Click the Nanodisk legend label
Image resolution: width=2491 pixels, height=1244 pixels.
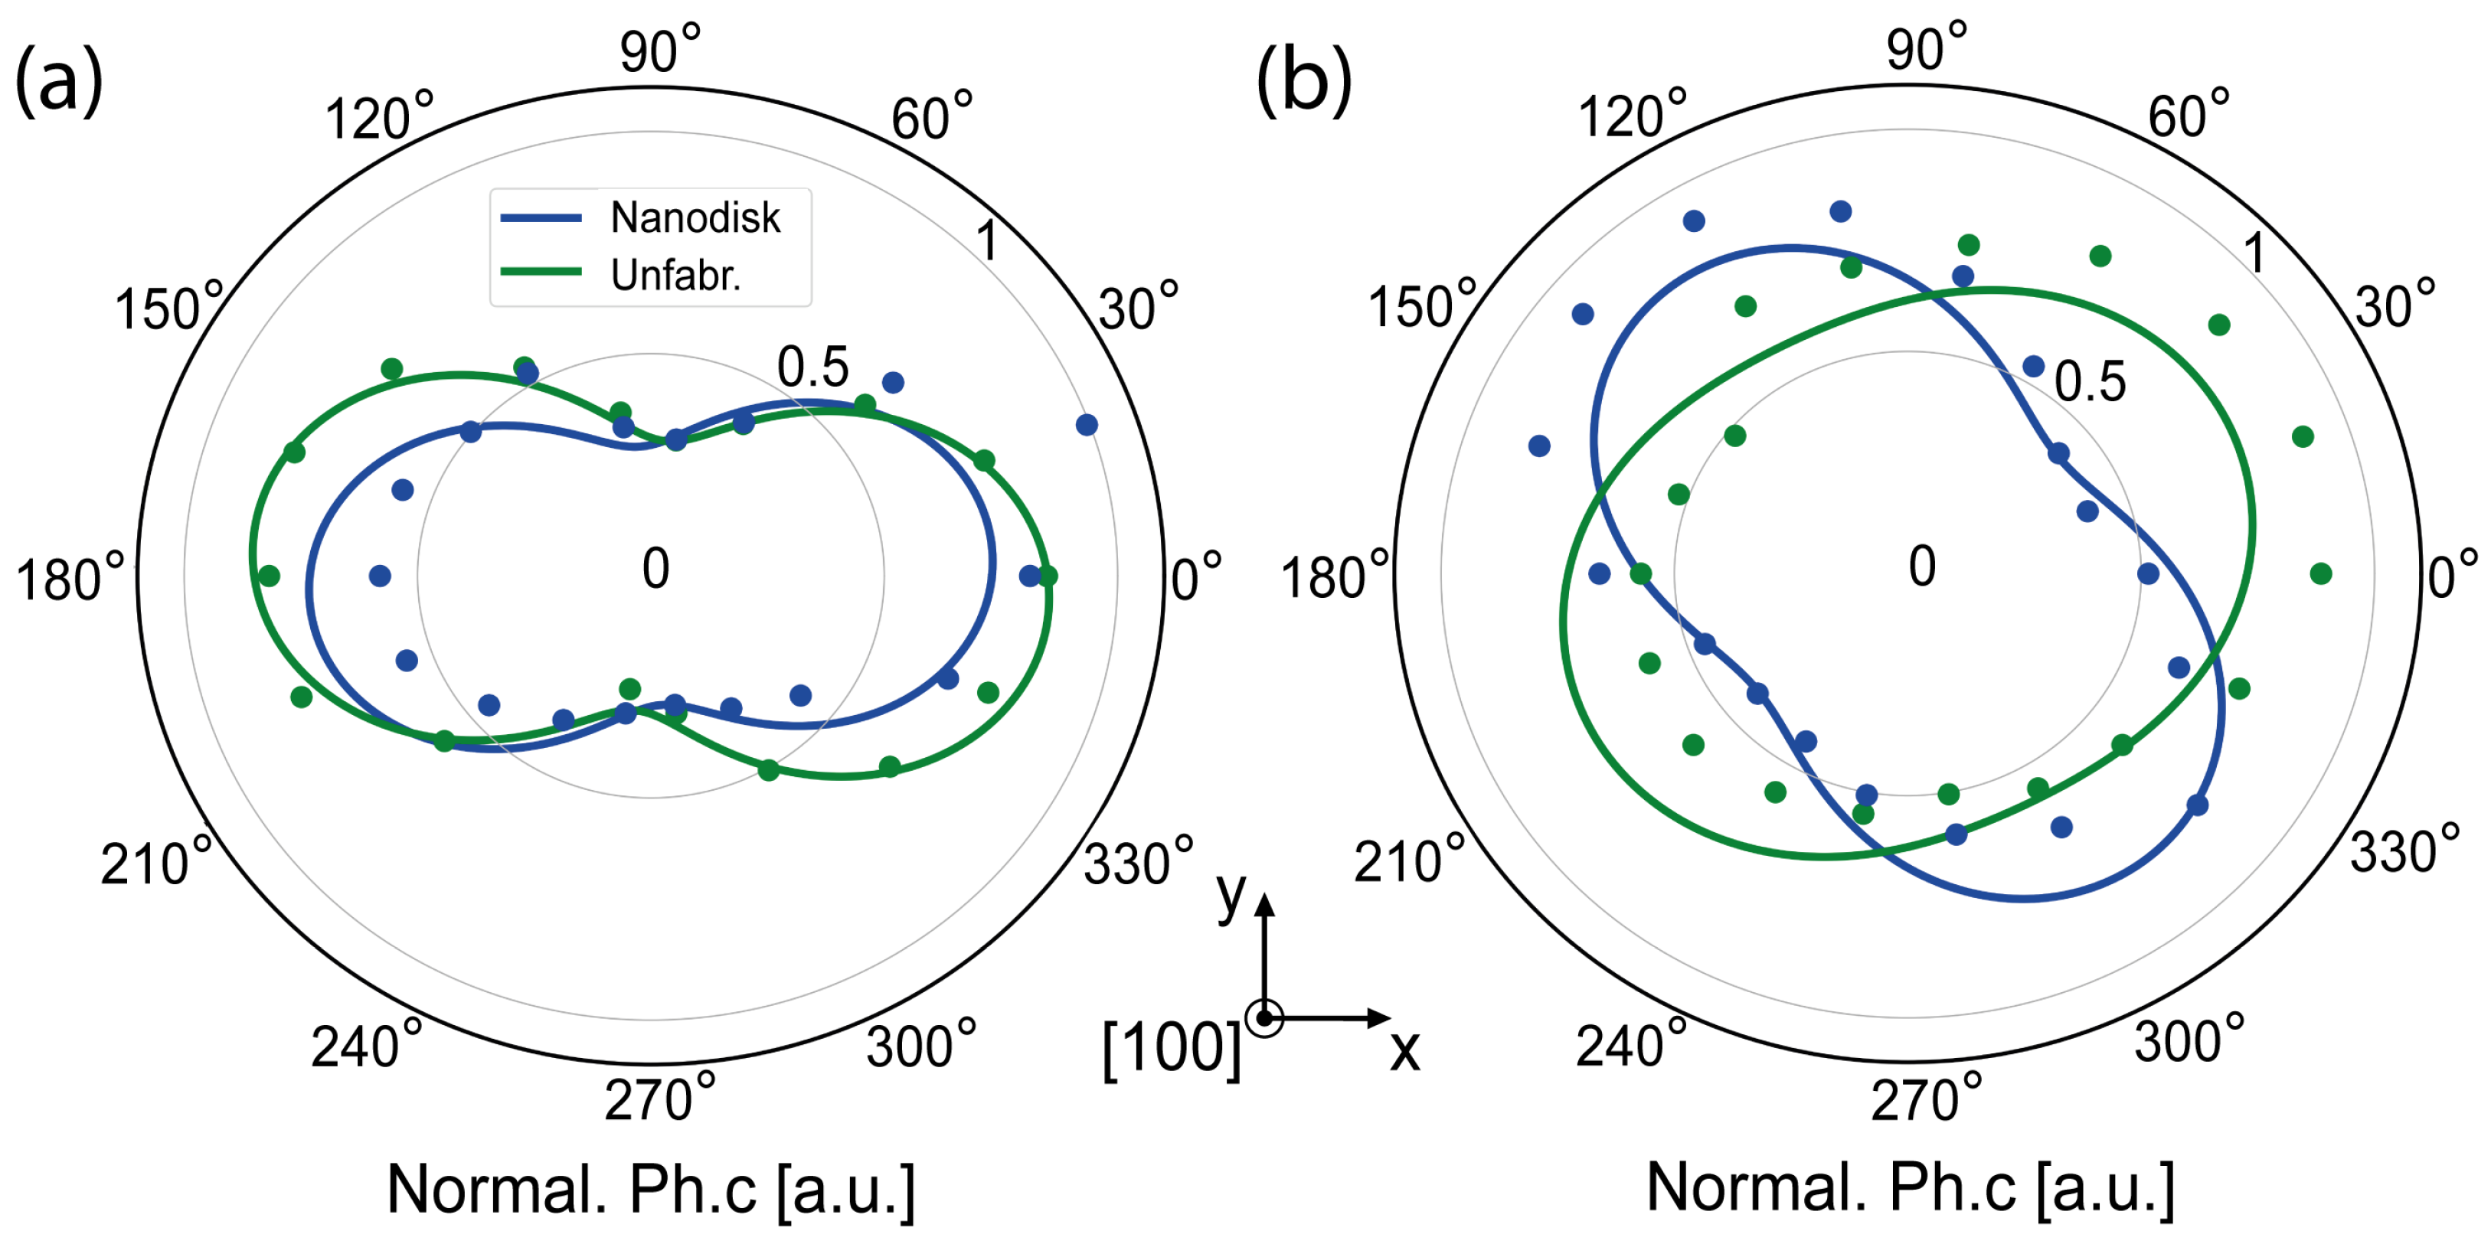695,217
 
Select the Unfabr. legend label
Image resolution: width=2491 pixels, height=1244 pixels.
675,276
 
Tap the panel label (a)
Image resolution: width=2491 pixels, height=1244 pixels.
58,82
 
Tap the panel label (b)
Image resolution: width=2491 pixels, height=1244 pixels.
1303,82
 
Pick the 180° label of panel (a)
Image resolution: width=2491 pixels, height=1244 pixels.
70,578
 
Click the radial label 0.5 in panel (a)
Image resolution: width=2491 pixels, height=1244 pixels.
812,367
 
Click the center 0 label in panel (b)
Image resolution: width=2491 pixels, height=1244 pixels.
1921,566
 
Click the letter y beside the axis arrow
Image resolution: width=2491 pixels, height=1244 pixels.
1231,894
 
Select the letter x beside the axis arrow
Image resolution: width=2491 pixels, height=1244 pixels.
1404,1050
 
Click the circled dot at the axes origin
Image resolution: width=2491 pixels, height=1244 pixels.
1263,1018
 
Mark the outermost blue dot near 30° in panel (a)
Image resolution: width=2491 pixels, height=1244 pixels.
1086,424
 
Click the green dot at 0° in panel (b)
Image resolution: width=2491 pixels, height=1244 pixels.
2319,574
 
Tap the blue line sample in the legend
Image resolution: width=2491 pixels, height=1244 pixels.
541,218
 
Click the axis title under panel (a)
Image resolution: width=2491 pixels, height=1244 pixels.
651,1189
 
